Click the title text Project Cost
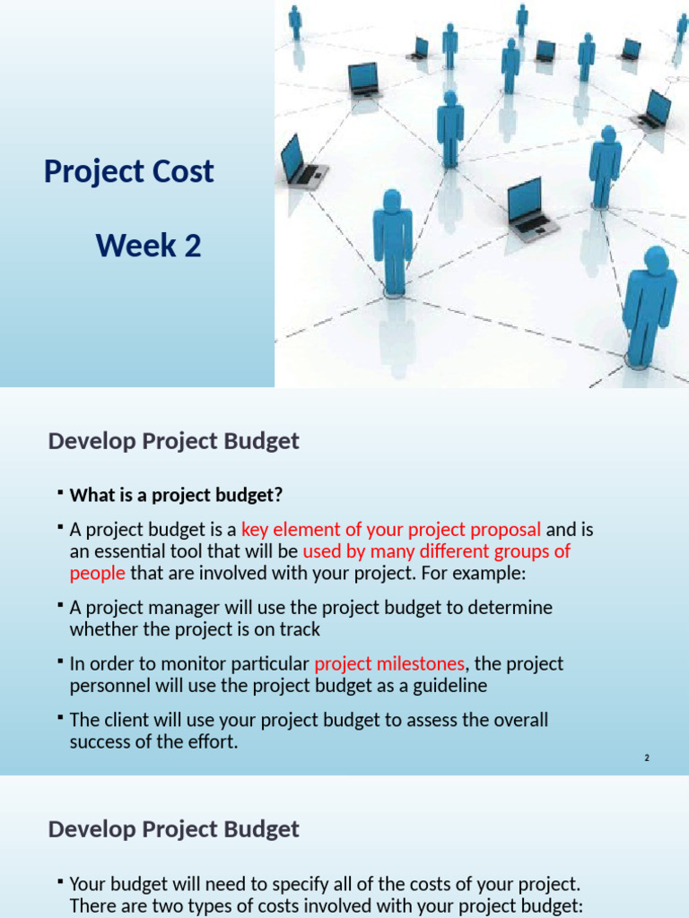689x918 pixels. coord(128,171)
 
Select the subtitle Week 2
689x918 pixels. coord(148,245)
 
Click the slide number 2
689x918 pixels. coord(646,758)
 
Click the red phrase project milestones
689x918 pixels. coord(388,664)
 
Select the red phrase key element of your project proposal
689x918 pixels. coord(391,529)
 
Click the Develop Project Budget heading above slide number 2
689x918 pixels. coord(173,441)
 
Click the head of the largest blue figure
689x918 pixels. coord(656,261)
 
